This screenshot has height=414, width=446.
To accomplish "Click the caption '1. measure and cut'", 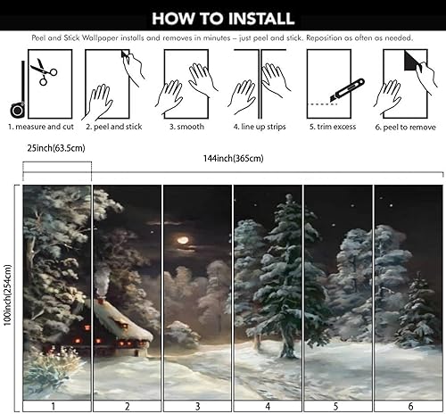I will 42,128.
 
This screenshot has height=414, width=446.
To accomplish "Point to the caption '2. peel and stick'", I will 113,128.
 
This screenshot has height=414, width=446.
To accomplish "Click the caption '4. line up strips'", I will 260,128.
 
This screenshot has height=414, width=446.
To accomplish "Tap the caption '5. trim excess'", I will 332,128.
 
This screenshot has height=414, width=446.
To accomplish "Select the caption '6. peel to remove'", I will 406,128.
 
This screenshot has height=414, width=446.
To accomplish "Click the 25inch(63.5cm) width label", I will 55,147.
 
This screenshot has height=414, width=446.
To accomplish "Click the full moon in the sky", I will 184,238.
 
